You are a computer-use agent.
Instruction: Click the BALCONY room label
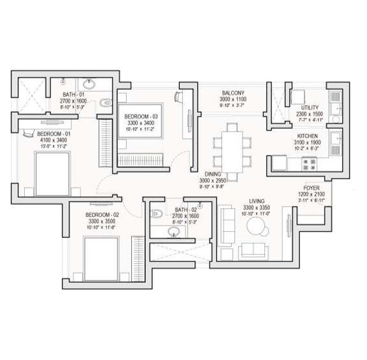click(227, 92)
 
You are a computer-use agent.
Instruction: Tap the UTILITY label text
click(310, 108)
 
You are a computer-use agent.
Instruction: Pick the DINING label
click(213, 174)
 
